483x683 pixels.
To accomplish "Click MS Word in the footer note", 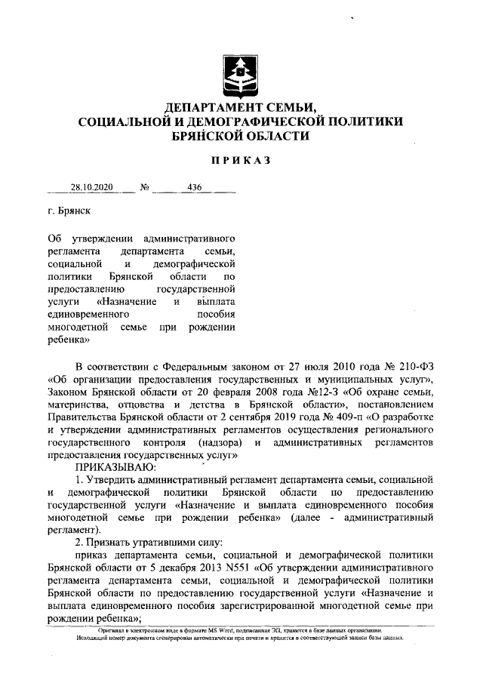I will tap(212, 629).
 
